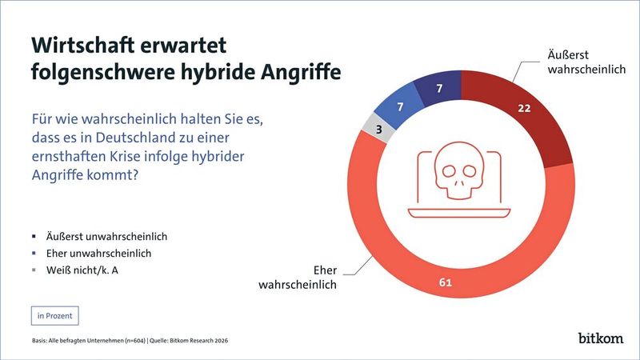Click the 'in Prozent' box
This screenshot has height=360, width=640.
tap(54, 315)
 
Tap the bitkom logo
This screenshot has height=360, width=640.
tap(600, 338)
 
